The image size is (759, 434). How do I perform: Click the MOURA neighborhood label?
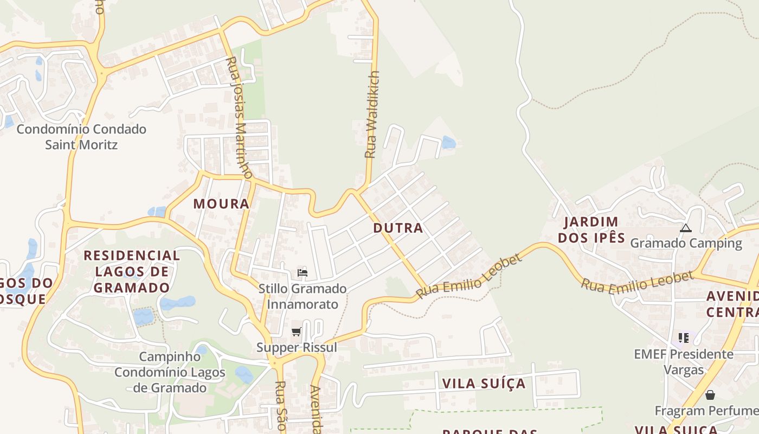[x=221, y=204]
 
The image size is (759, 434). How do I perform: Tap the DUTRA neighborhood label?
[x=398, y=228]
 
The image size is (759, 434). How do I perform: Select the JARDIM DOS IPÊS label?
[x=591, y=229]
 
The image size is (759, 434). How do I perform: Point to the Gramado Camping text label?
[x=686, y=243]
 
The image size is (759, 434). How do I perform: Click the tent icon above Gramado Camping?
[x=686, y=228]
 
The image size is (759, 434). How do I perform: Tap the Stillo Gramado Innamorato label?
[x=303, y=296]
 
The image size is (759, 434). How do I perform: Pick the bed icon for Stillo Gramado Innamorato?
[x=303, y=272]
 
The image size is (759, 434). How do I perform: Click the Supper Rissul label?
[x=297, y=347]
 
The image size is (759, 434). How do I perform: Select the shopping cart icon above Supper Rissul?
[x=296, y=331]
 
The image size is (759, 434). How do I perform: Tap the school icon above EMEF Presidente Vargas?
[x=684, y=338]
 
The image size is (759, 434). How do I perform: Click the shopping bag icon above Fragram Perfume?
[x=710, y=395]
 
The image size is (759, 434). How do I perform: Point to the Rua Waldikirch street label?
[x=371, y=114]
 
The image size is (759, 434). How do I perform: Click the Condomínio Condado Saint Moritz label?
[x=81, y=137]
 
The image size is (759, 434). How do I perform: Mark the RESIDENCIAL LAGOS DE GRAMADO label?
[x=132, y=271]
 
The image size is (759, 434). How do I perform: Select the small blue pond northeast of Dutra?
[x=448, y=143]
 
